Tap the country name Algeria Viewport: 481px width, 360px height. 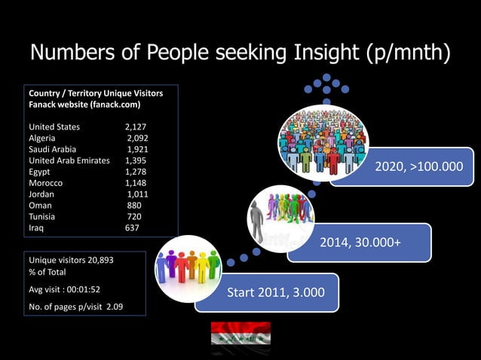tap(44, 139)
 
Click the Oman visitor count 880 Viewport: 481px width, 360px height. tap(134, 205)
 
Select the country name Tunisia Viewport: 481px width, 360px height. tap(43, 216)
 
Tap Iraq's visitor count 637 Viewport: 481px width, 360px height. tap(132, 227)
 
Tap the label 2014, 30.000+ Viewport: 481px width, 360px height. tap(360, 243)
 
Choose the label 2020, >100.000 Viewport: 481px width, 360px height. tap(418, 165)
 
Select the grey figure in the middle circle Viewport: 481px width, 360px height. tap(257, 218)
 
